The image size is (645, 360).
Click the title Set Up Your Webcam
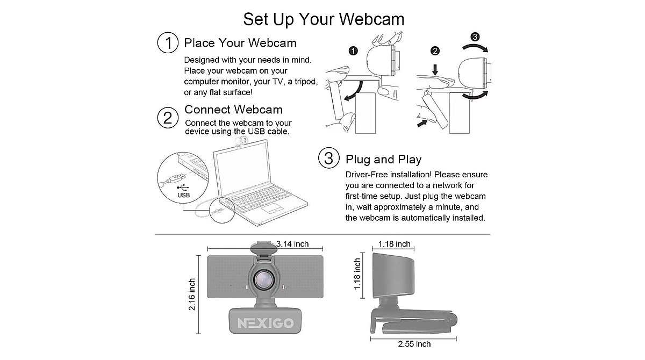[x=324, y=19]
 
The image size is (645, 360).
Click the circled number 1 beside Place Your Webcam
[x=168, y=42]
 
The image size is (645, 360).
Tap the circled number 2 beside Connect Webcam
[x=168, y=117]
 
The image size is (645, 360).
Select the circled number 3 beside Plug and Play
[x=328, y=159]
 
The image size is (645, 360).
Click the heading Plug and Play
[x=383, y=159]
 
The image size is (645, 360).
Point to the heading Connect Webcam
[x=233, y=110]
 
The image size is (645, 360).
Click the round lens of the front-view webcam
[x=264, y=280]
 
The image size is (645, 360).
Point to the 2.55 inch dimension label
[x=413, y=344]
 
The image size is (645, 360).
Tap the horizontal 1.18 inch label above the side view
[x=394, y=244]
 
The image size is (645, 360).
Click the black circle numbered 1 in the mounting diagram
[x=353, y=51]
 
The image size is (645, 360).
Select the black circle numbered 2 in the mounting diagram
[x=435, y=51]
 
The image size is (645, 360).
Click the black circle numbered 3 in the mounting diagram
[x=475, y=37]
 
